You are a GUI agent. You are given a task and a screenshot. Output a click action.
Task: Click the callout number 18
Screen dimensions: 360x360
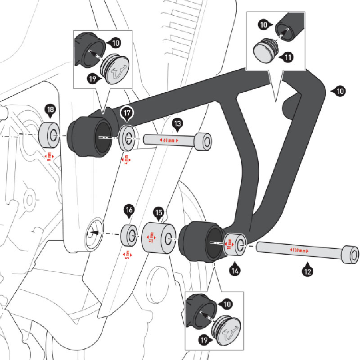(50, 109)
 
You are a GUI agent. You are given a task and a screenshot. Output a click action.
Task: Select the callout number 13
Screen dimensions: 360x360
(177, 123)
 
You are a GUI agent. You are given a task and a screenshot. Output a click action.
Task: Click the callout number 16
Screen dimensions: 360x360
(129, 210)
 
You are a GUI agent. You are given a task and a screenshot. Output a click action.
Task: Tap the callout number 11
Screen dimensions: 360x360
(287, 57)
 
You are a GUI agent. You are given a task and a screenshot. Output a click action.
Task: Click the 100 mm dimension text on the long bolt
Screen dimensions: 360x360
(298, 250)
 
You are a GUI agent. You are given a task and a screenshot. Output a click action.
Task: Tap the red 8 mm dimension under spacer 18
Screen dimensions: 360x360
(48, 156)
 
